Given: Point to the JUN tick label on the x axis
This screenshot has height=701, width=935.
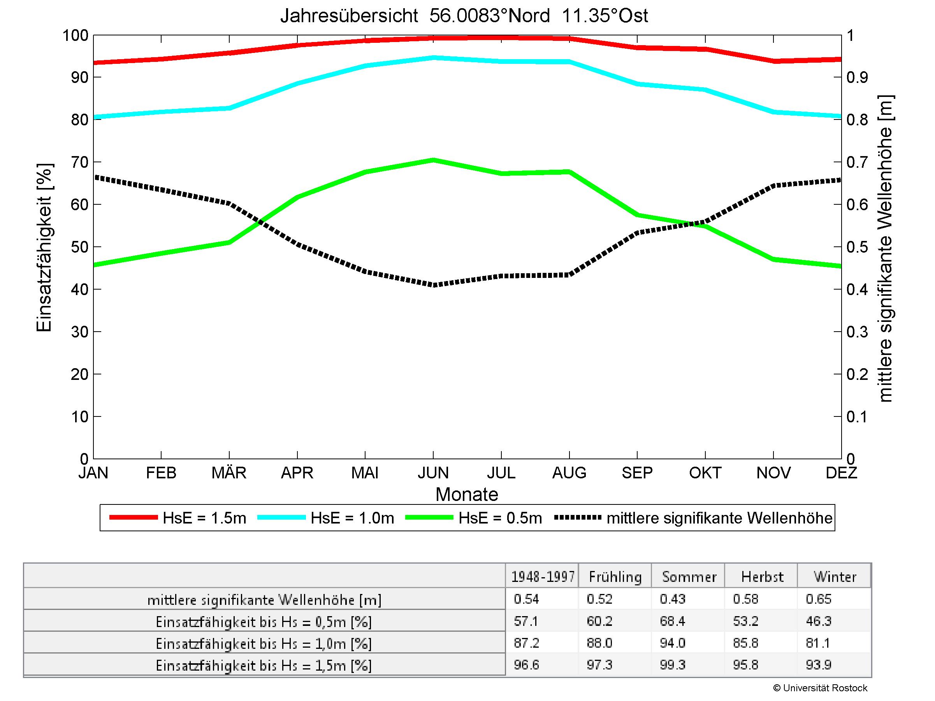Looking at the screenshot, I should coord(433,473).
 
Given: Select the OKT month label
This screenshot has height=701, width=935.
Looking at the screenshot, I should coord(705,473).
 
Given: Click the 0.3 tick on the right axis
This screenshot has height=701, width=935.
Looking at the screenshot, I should coord(857,332).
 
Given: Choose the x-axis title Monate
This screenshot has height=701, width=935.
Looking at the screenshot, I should coord(467,494).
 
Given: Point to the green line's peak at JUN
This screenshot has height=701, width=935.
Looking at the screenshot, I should coord(433,160).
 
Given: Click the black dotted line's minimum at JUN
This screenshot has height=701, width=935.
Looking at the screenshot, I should coord(433,285).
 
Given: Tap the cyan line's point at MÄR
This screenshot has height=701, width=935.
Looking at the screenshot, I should coord(229,108).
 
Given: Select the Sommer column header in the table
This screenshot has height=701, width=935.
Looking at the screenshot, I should coord(689,577).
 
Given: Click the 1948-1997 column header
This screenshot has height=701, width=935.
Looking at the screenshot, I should coord(542,577).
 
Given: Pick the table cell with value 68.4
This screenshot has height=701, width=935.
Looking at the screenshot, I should coord(672,621).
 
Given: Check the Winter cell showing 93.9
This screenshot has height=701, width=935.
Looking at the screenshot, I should coord(818,665).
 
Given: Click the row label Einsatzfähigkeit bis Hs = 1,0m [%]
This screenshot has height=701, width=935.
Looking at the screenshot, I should coord(264,643).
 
